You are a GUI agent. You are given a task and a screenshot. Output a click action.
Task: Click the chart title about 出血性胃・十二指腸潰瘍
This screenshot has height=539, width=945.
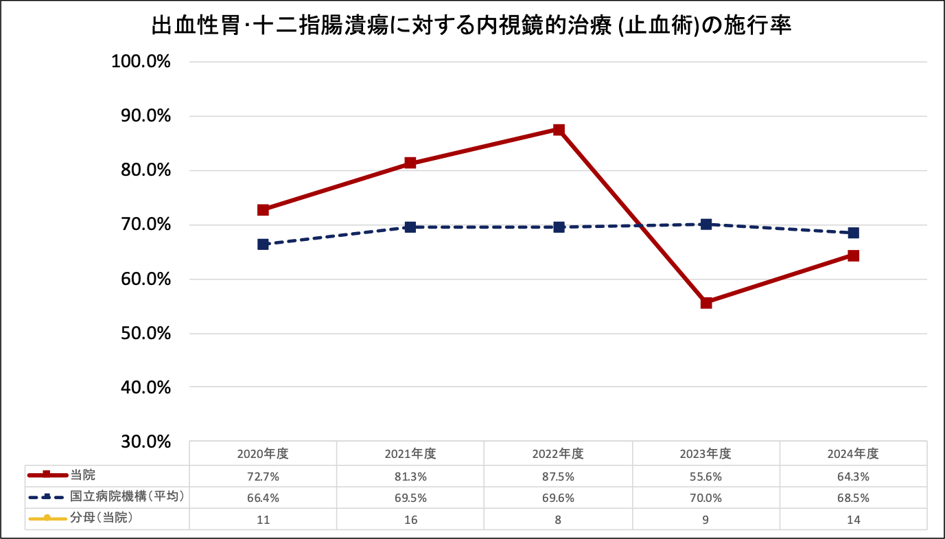pos(471,27)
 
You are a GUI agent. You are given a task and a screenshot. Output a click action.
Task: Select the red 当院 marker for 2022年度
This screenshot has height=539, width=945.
pos(559,130)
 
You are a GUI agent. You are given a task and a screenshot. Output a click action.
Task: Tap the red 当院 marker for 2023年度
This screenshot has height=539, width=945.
pos(706,303)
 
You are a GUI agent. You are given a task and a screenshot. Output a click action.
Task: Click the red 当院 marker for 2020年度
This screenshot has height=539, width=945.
pos(263,210)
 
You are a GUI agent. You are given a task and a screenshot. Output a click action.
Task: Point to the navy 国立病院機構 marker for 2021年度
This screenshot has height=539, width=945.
pos(410,227)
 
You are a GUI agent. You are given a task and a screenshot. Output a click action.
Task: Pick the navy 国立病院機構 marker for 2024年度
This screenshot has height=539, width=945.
pos(853,233)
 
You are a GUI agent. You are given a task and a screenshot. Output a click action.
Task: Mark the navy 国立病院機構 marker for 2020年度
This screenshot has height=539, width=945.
pos(263,244)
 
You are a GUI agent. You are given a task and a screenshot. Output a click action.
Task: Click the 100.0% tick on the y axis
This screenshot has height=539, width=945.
pos(140,62)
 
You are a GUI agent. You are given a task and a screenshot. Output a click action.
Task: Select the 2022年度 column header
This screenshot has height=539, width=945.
pos(558,454)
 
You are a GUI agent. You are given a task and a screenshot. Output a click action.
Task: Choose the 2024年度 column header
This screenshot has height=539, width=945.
pos(853,454)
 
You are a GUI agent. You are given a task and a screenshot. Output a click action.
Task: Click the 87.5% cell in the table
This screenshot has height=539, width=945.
pos(558,476)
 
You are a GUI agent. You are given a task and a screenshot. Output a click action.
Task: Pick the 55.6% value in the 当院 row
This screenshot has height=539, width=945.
pos(705,476)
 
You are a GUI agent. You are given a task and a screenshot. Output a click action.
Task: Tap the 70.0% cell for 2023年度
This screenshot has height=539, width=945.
pos(705,497)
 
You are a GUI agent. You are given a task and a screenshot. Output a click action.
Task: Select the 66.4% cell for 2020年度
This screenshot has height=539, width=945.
pos(263,497)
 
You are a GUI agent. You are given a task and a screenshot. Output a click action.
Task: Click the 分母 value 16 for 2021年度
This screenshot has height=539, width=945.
pos(410,519)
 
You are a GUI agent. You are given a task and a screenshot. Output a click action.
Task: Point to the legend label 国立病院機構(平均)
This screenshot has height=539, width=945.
pos(128,496)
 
